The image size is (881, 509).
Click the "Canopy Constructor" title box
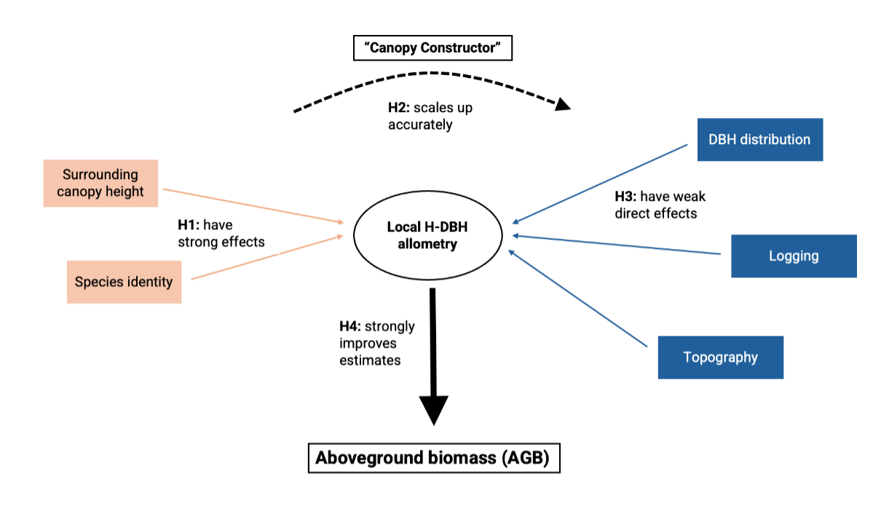(x=433, y=49)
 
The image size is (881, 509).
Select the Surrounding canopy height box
(x=100, y=183)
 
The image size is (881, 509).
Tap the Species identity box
(x=124, y=282)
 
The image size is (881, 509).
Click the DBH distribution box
(x=759, y=139)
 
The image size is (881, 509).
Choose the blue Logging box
(x=794, y=256)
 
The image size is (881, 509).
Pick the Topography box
(x=720, y=357)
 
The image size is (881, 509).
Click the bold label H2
(x=399, y=108)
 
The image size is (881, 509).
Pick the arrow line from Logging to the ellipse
(x=619, y=244)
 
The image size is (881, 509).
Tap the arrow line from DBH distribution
(x=601, y=183)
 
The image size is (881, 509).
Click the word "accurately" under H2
(x=420, y=125)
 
